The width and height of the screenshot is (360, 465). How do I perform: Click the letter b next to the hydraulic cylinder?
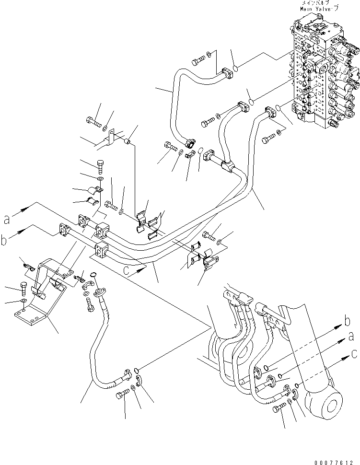346,321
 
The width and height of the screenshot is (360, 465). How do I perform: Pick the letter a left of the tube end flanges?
7,221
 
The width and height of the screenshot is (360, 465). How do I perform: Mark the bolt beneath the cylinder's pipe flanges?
278,408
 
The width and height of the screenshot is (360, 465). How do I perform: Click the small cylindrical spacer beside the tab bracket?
128,141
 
